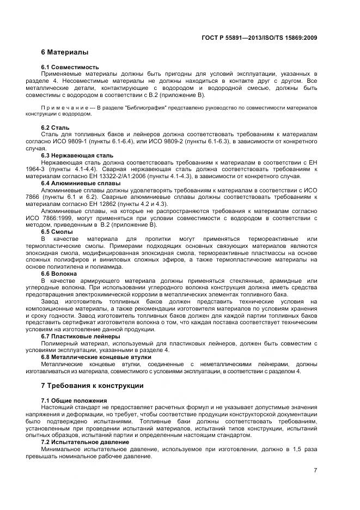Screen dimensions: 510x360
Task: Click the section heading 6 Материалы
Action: coord(65,53)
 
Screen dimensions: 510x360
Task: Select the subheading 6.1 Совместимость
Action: coord(70,67)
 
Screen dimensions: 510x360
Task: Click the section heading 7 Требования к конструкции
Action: coord(92,386)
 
